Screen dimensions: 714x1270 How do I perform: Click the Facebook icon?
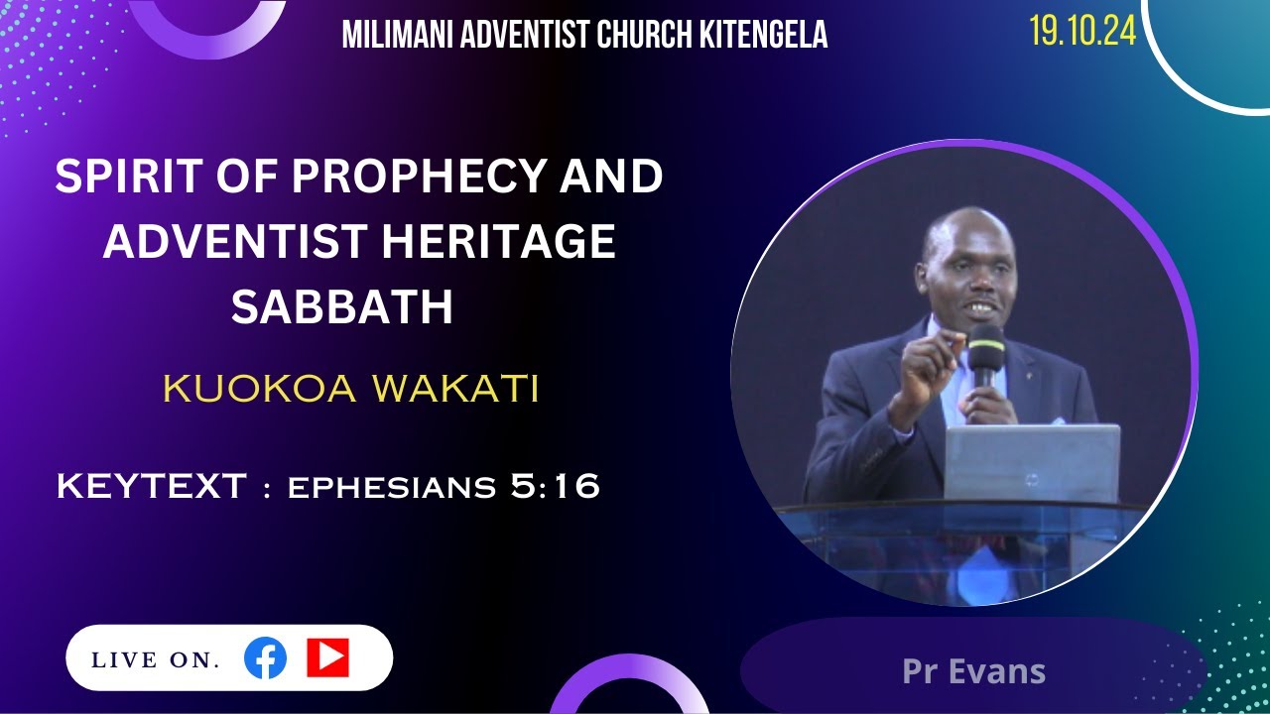(265, 658)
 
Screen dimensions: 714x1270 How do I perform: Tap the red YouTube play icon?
(327, 657)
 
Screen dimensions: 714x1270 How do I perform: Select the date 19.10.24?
(1082, 32)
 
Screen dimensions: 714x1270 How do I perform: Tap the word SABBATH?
(342, 307)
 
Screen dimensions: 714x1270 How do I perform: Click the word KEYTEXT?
(151, 487)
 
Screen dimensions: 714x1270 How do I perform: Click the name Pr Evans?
(973, 671)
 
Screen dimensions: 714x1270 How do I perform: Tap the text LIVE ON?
(156, 660)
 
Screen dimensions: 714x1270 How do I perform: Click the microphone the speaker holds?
(985, 352)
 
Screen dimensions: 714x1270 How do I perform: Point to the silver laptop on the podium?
(1031, 463)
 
